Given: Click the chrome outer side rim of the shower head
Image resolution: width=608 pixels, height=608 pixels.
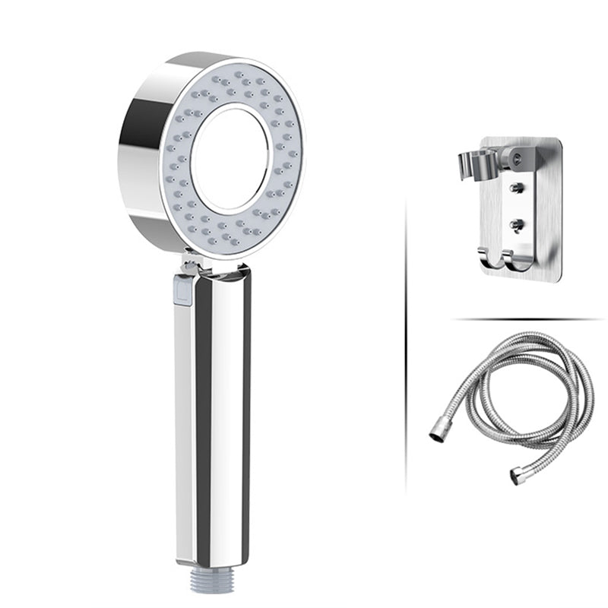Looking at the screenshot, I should tap(141, 152).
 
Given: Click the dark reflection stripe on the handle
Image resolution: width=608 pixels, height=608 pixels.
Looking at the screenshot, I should tap(204, 410).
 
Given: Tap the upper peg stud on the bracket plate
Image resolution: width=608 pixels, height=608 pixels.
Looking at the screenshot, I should tap(517, 188).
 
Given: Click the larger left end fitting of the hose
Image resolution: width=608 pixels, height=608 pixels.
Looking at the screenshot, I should tap(439, 434).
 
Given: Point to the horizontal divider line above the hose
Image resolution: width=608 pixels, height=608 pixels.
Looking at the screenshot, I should tap(524, 318).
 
